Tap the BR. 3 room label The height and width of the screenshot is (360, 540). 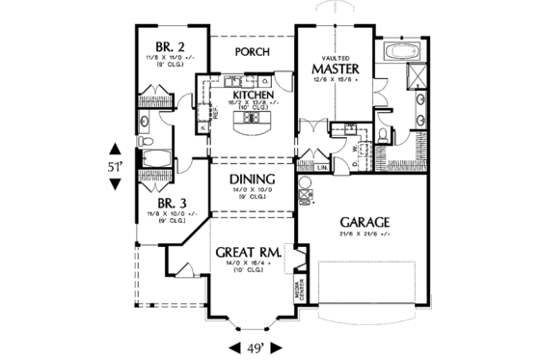[x=172, y=203]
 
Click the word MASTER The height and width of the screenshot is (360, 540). [x=335, y=69]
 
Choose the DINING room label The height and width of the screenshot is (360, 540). [x=253, y=180]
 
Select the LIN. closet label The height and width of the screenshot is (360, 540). [x=321, y=168]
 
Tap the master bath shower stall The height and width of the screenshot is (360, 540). [x=419, y=76]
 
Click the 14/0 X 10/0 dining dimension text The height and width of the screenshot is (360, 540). [x=253, y=192]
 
